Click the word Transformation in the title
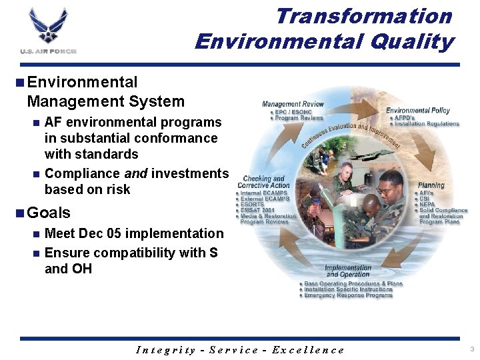click(x=364, y=15)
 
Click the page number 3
click(x=471, y=349)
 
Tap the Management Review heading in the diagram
click(x=293, y=104)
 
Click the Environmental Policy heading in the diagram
click(x=417, y=110)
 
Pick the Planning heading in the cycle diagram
click(x=431, y=185)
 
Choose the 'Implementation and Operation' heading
click(x=348, y=271)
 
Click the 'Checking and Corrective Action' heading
click(x=265, y=182)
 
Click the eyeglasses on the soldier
click(x=385, y=191)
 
